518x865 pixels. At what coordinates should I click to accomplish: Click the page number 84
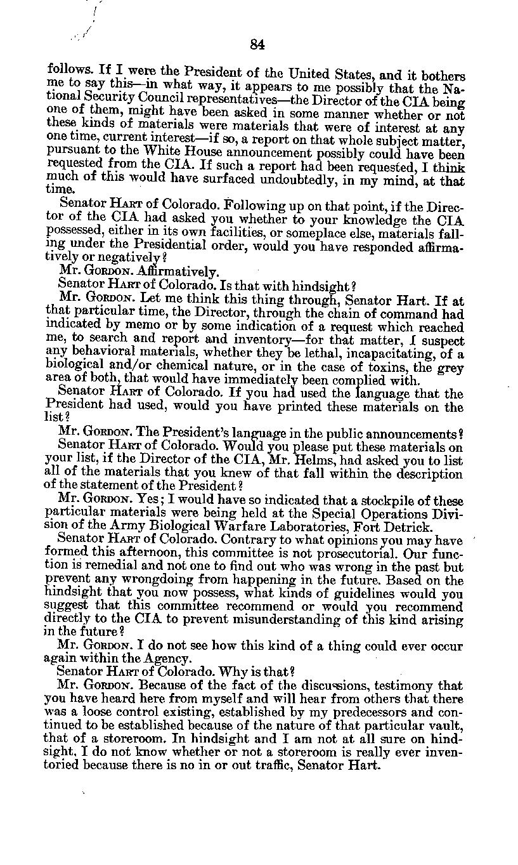(x=257, y=44)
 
